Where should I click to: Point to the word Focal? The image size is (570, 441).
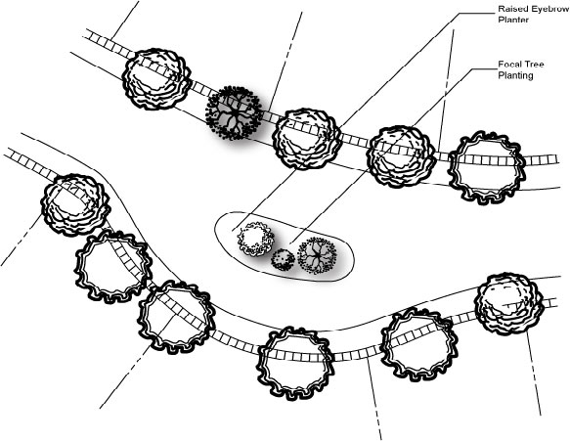point(509,65)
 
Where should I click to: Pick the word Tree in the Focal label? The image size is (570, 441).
point(535,65)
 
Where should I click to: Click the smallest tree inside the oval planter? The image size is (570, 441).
point(283,259)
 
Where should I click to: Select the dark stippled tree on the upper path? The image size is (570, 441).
point(234,112)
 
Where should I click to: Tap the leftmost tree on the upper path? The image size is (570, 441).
point(156,78)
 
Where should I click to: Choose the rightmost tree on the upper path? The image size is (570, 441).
point(487,167)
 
